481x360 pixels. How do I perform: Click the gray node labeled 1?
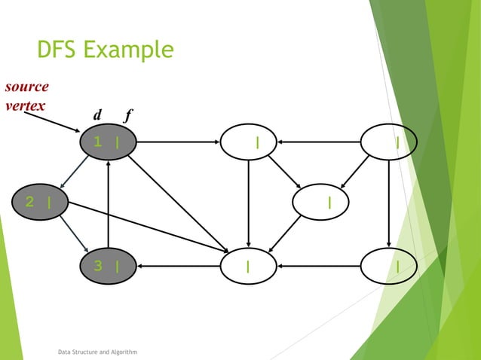click(x=109, y=142)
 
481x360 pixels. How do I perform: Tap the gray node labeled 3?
click(x=109, y=265)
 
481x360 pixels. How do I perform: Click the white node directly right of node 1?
click(x=248, y=142)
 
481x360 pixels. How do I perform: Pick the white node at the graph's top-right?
click(x=388, y=142)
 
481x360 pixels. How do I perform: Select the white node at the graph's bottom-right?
click(x=388, y=265)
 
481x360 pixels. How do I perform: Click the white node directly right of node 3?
click(x=248, y=265)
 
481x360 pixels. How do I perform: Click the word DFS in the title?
click(x=57, y=50)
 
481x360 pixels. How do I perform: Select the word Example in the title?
click(x=130, y=50)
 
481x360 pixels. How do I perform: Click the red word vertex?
click(x=25, y=105)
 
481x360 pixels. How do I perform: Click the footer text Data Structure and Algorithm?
click(x=97, y=351)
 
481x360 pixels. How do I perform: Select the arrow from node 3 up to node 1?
click(x=109, y=203)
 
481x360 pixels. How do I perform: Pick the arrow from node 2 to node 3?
click(x=75, y=233)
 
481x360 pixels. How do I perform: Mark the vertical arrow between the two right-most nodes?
click(x=388, y=203)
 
